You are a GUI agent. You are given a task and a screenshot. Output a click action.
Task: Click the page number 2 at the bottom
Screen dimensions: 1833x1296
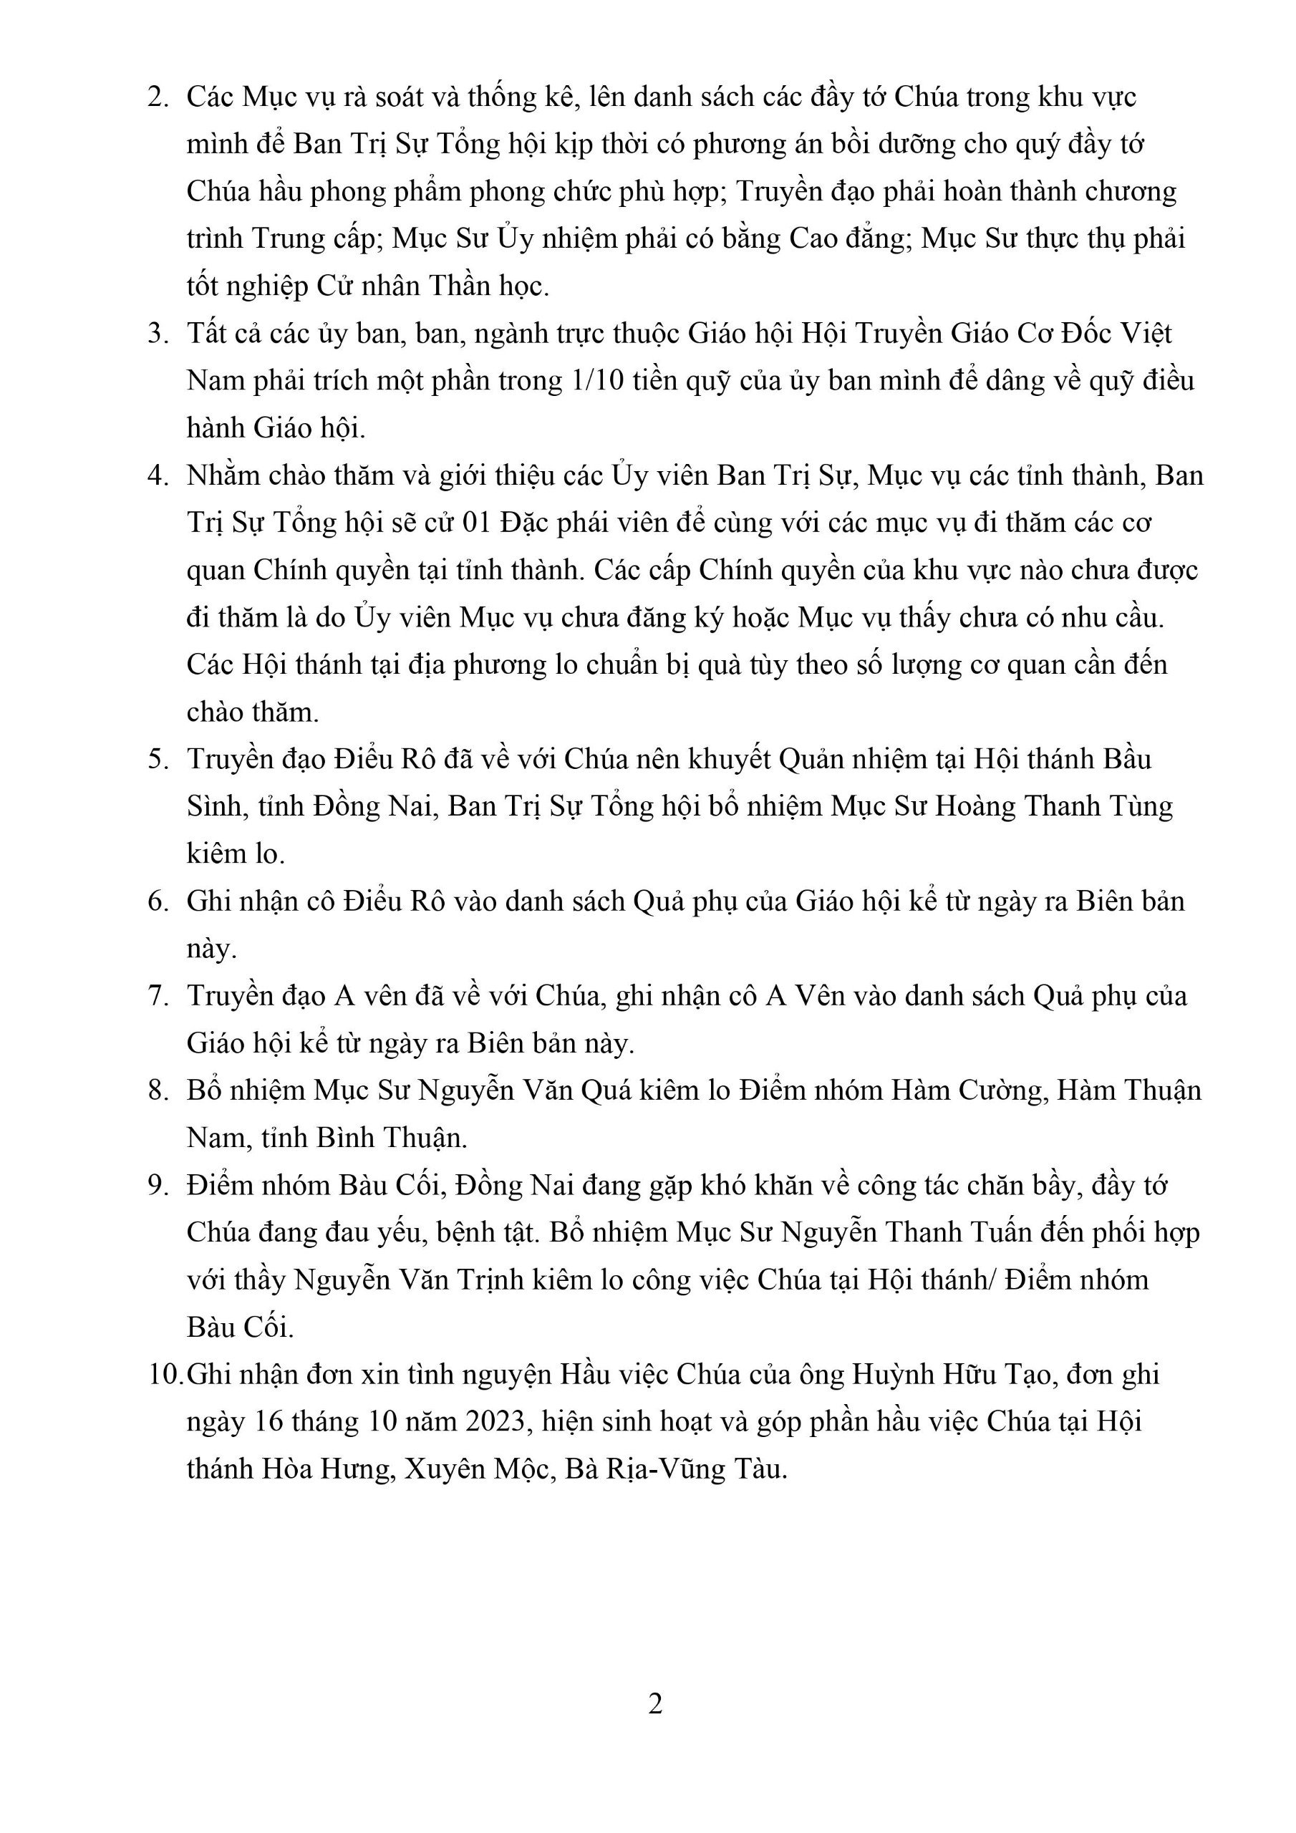(654, 1703)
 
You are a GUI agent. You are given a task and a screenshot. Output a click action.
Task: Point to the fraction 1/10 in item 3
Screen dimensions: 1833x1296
(594, 380)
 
